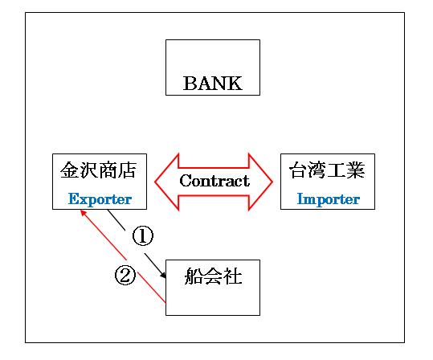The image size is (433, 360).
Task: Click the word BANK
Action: click(213, 83)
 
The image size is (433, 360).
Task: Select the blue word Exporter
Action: click(100, 199)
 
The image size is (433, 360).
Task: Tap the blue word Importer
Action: click(328, 199)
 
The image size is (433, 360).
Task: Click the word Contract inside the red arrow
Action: click(214, 181)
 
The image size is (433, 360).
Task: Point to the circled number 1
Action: click(143, 235)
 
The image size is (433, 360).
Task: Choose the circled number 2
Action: click(125, 275)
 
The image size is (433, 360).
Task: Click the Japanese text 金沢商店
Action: click(99, 170)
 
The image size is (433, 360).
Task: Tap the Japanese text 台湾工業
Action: click(327, 170)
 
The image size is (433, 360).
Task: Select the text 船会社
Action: click(213, 276)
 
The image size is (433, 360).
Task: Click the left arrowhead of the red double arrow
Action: click(167, 182)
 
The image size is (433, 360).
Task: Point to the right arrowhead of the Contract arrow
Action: click(260, 182)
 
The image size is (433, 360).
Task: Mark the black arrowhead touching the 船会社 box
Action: click(163, 275)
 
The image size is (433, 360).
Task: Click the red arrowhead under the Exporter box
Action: click(83, 213)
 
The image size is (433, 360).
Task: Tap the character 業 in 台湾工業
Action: click(356, 170)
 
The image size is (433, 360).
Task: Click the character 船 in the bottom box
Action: click(194, 276)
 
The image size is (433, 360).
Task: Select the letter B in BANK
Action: click(190, 83)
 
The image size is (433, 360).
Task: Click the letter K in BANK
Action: click(235, 83)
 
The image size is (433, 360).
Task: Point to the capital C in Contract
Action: click(186, 181)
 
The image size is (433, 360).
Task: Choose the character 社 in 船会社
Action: click(232, 276)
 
